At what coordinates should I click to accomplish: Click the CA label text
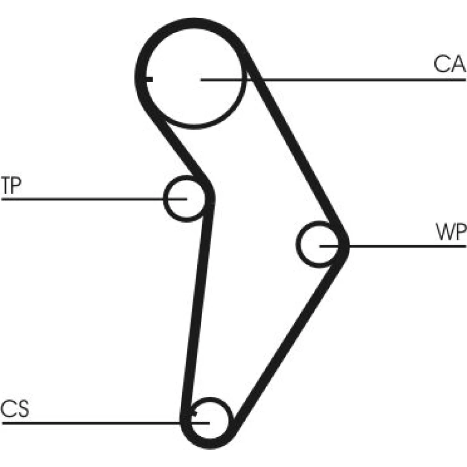coord(449,64)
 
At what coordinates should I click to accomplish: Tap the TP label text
coord(11,185)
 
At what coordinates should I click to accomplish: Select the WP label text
coord(451,232)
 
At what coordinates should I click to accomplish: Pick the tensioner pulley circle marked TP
coord(184,198)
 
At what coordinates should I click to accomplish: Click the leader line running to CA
coord(355,80)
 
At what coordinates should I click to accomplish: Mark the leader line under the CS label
coord(93,423)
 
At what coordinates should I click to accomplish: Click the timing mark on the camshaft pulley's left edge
coord(148,79)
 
